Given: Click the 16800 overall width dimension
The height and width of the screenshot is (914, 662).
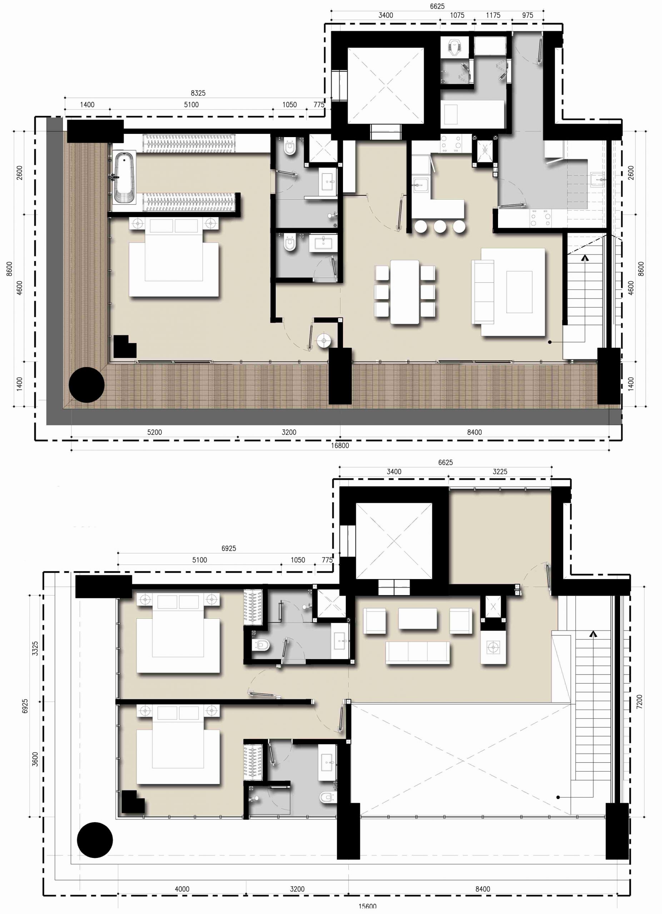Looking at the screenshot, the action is click(x=340, y=445).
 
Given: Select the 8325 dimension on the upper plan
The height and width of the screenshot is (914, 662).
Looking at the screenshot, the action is click(x=198, y=93).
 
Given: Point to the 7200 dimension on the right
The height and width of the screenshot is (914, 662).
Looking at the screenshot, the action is click(x=639, y=702).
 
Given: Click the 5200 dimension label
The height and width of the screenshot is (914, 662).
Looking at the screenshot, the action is click(x=154, y=432).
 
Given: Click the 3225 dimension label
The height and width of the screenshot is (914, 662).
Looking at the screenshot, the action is click(x=500, y=472).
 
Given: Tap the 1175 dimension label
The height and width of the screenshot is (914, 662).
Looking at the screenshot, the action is click(x=493, y=15).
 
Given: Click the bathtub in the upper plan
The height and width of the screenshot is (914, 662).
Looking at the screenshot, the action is click(x=123, y=177).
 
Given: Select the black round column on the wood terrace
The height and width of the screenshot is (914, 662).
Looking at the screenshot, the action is click(x=87, y=385).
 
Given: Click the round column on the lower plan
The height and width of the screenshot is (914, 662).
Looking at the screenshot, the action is click(x=95, y=840).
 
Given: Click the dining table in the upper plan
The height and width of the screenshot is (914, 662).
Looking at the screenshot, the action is click(x=405, y=292).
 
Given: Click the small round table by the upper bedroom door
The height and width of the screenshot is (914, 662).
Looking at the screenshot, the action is click(x=323, y=341).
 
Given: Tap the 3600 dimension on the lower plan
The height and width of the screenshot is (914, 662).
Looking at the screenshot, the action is click(x=35, y=759).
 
